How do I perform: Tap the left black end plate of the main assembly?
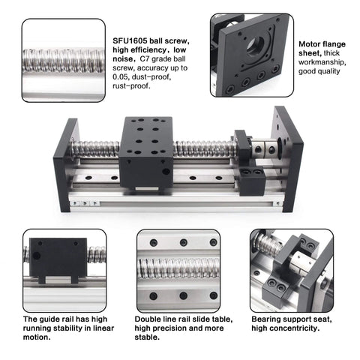[x=64, y=163]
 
